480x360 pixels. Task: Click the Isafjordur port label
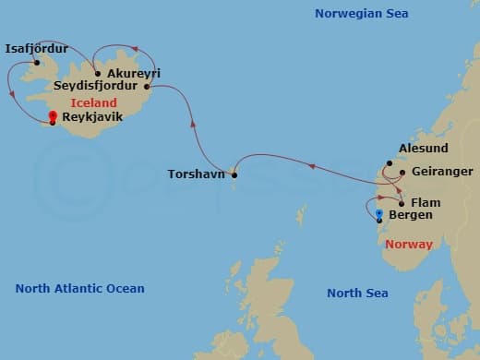click(36, 48)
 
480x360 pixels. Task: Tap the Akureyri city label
click(134, 72)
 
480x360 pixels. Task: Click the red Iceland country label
click(88, 103)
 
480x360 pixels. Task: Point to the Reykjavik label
click(92, 118)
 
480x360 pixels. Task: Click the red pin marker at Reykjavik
click(53, 117)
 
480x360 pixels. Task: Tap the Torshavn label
click(196, 174)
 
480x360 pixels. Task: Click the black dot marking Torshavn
click(234, 174)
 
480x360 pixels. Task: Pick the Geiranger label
click(443, 172)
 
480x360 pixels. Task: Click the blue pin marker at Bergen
click(379, 214)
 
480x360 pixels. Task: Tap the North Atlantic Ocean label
click(79, 289)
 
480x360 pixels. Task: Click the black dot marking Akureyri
click(99, 73)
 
